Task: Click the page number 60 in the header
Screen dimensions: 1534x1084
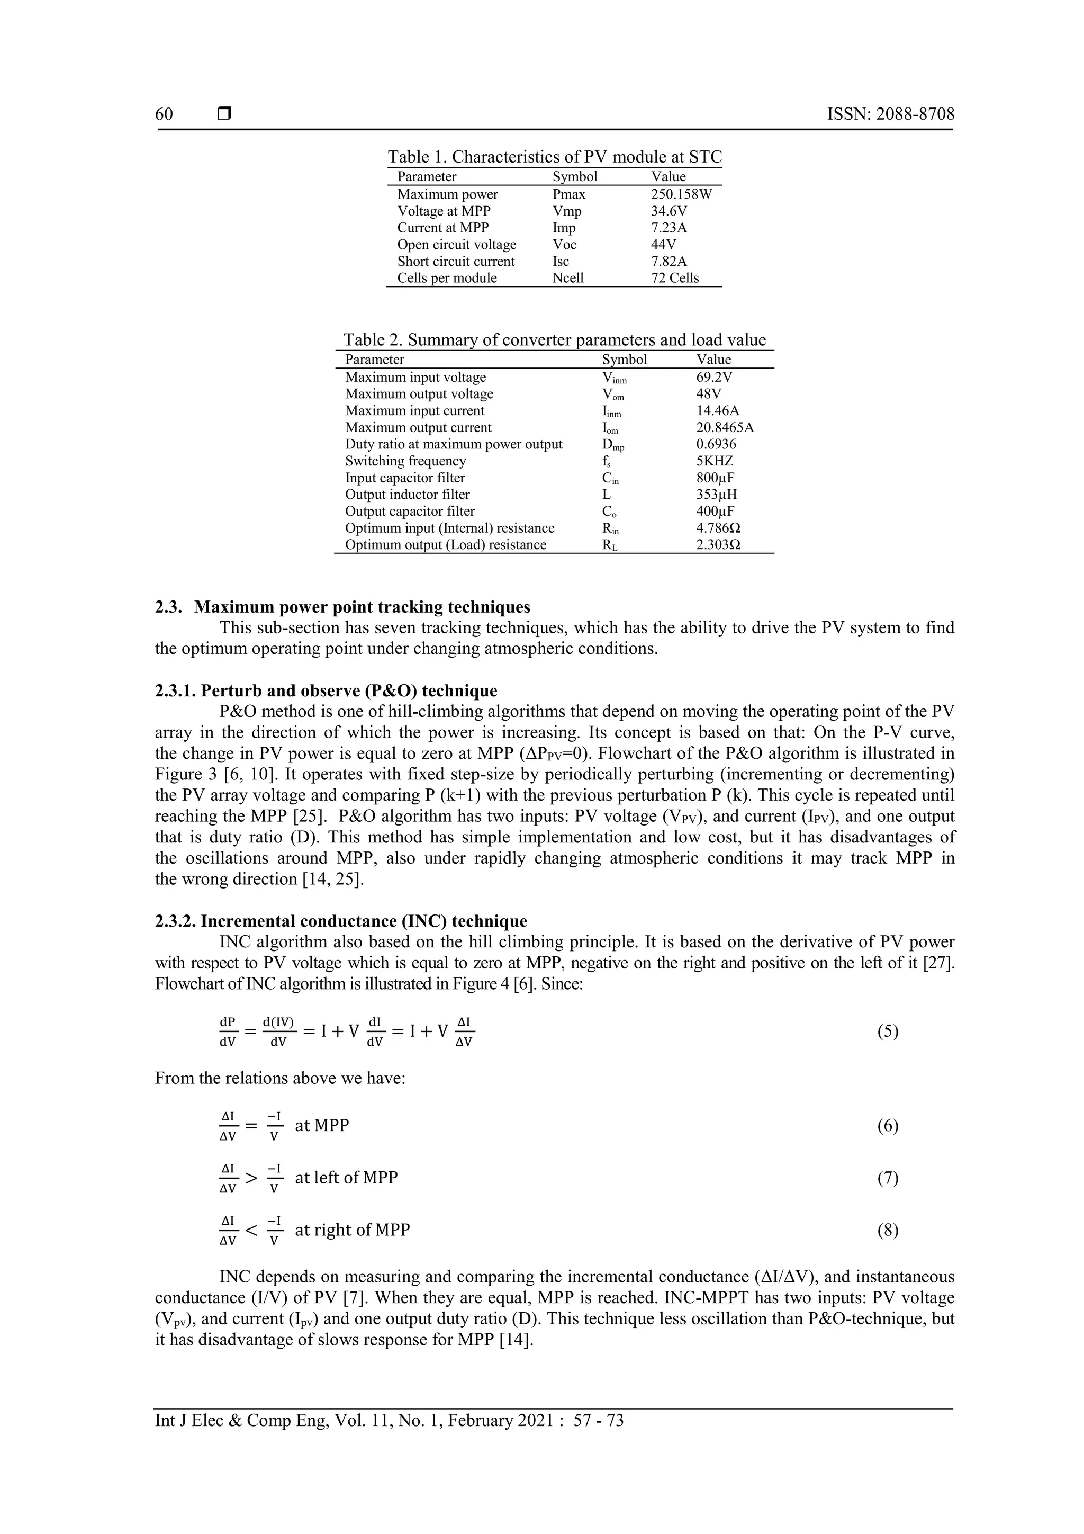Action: click(164, 114)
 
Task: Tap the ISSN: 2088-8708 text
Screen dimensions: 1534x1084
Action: click(890, 114)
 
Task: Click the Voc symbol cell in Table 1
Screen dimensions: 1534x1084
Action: click(564, 245)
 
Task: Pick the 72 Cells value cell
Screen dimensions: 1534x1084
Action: click(674, 278)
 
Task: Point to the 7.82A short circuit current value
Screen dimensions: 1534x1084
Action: click(669, 261)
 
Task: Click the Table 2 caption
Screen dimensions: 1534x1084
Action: click(554, 340)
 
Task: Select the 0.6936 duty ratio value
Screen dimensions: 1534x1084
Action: click(716, 444)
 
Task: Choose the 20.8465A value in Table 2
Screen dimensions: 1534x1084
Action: click(725, 428)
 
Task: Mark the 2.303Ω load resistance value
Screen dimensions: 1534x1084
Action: click(718, 544)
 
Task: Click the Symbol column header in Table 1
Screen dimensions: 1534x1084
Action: click(574, 176)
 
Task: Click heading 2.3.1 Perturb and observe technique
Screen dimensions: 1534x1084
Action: click(326, 690)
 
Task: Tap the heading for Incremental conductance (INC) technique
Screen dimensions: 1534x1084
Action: click(341, 921)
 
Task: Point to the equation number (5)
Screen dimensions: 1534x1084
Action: click(887, 1031)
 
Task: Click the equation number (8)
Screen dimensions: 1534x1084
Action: click(887, 1230)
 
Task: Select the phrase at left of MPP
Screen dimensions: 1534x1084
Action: click(346, 1177)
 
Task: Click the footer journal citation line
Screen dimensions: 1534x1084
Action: click(390, 1421)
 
